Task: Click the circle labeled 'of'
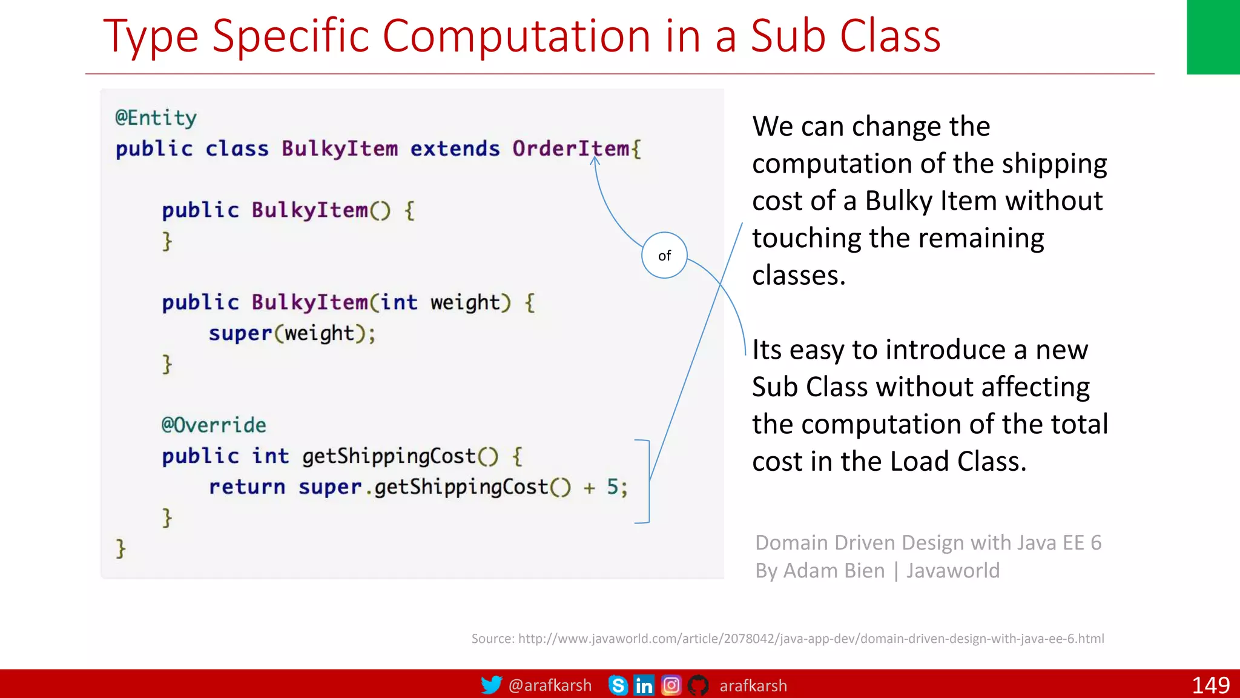click(x=664, y=255)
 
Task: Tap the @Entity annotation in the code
click(x=156, y=118)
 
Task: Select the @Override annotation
click(x=214, y=425)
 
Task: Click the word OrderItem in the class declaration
click(x=570, y=148)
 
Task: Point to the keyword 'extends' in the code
click(x=455, y=148)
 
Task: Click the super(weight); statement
click(x=292, y=333)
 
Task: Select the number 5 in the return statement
click(x=612, y=487)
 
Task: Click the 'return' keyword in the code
click(x=246, y=487)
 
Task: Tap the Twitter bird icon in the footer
click(x=491, y=685)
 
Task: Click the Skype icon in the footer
click(x=618, y=685)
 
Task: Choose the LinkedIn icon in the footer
click(x=644, y=685)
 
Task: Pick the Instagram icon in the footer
click(x=671, y=685)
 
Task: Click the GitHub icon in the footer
click(x=698, y=685)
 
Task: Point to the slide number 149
click(x=1210, y=685)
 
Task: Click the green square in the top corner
click(x=1213, y=36)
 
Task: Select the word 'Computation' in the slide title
click(x=516, y=36)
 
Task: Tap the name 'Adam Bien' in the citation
click(x=834, y=571)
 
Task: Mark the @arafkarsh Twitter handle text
click(x=550, y=685)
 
